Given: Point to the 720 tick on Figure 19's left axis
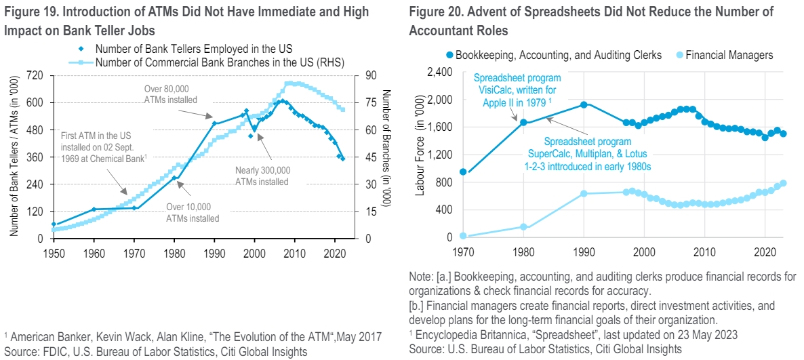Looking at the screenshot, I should tap(33, 76).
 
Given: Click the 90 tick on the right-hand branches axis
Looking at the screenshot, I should tap(366, 76).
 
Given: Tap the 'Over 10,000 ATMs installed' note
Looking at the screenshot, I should tap(193, 212).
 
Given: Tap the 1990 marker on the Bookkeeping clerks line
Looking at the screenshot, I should tap(582, 104).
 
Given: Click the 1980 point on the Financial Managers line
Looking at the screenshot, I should tap(522, 226).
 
